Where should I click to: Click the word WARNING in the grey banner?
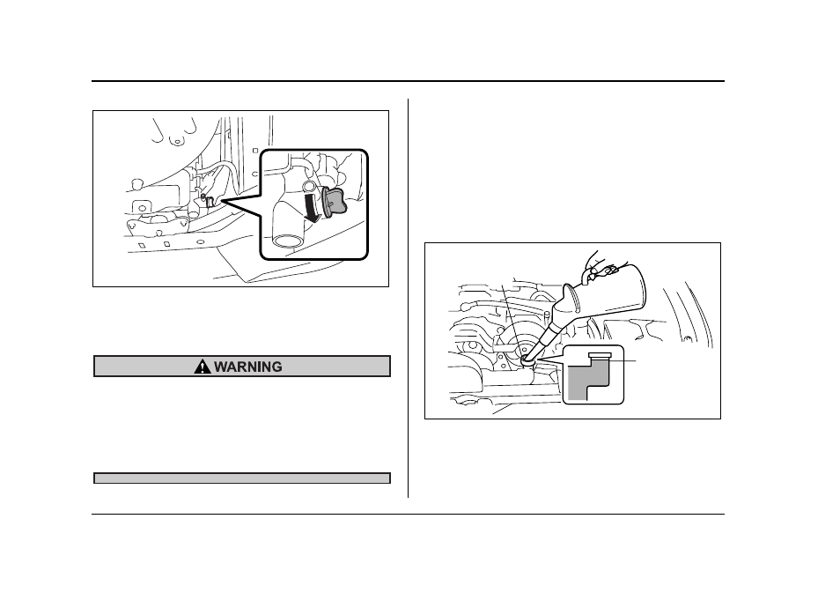(x=248, y=367)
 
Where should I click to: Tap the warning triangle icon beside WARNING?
(x=202, y=367)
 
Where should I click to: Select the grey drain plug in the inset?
(x=335, y=201)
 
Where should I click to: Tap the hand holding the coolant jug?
(x=599, y=265)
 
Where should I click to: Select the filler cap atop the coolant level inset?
(x=599, y=355)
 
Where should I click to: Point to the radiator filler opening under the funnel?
(x=527, y=361)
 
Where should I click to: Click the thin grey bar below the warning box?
(x=242, y=478)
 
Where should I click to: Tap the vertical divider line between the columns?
(x=409, y=298)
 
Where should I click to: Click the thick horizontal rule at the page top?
(x=408, y=81)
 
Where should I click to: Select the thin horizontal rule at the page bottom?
(x=408, y=515)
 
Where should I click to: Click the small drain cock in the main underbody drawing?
(x=210, y=201)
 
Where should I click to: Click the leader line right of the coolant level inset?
(x=623, y=361)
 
